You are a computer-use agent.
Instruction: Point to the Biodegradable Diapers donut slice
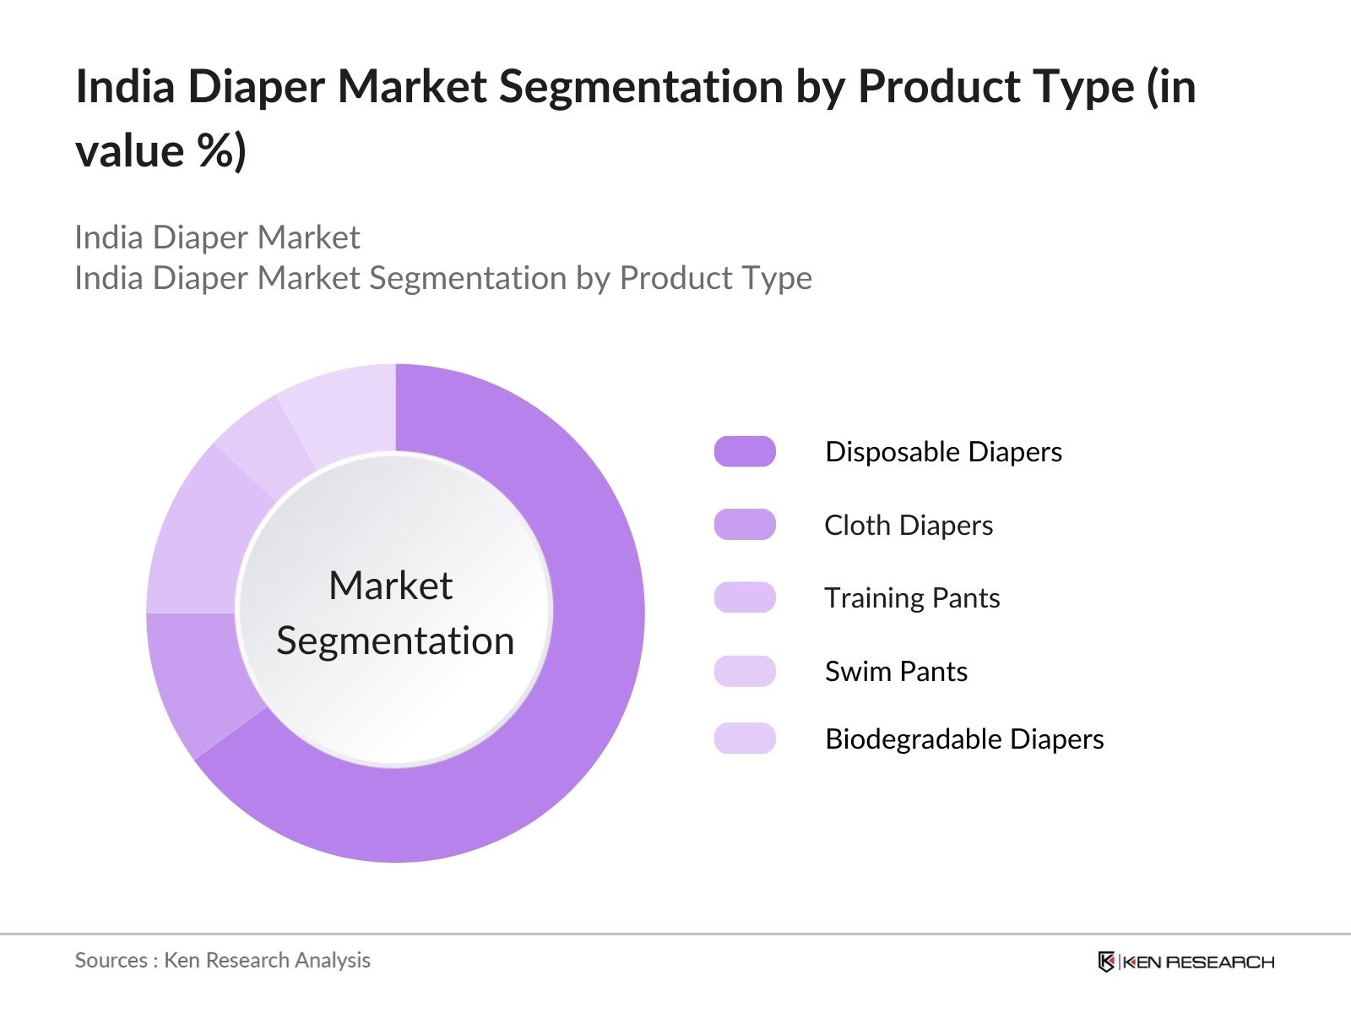click(x=342, y=410)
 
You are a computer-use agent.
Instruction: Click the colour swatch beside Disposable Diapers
click(x=745, y=451)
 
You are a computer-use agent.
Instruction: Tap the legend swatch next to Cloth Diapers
click(x=745, y=525)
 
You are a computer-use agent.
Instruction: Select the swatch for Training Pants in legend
click(x=745, y=597)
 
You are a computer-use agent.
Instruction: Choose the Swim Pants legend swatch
click(x=745, y=671)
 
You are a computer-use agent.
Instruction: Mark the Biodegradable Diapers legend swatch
click(x=745, y=739)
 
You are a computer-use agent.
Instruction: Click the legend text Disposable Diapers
click(x=943, y=451)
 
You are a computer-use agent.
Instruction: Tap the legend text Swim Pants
click(x=896, y=671)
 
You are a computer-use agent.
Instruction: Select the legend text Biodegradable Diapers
click(x=964, y=739)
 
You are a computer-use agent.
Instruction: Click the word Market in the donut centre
click(x=390, y=586)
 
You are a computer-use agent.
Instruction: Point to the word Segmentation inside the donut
click(x=395, y=641)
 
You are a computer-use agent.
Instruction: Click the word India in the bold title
click(x=125, y=86)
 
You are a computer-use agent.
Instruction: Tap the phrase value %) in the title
click(x=160, y=151)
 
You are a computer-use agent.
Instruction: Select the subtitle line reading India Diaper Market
click(x=217, y=237)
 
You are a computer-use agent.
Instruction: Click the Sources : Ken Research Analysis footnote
click(x=222, y=960)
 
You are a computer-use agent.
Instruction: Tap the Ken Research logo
click(x=1186, y=962)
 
